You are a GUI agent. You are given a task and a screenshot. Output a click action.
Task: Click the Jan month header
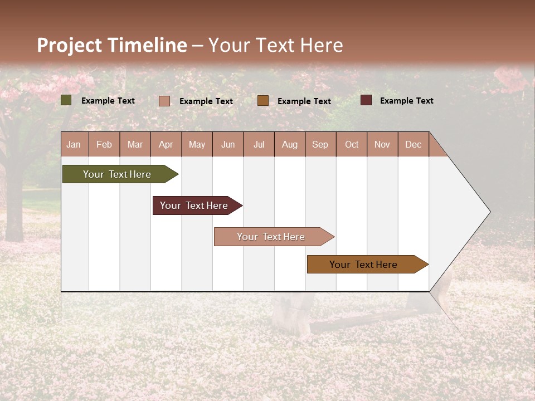coord(74,144)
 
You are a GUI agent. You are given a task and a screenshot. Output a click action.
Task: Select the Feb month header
coord(104,144)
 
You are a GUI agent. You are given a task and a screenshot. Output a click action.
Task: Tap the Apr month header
coord(166,144)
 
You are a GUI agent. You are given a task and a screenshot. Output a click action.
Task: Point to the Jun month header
coord(228,144)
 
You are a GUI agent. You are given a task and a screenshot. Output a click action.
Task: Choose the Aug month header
coord(289,144)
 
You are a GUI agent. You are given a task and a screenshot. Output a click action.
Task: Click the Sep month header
coord(320,144)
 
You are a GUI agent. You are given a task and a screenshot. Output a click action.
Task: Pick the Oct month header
coord(352,144)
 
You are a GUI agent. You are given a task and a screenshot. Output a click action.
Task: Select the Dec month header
coord(413,144)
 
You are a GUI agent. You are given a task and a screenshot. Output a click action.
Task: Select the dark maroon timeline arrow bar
coord(196,206)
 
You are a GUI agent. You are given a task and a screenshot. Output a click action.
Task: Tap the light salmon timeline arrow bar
coord(273,237)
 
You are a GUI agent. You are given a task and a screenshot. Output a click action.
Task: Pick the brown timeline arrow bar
coord(366,265)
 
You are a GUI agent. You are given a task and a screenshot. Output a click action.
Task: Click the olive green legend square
coord(66,100)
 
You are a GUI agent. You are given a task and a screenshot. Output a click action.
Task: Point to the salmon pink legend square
coord(164,101)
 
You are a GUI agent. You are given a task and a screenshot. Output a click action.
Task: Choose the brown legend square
coord(263,101)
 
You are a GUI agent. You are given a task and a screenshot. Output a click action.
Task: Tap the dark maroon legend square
coord(366,100)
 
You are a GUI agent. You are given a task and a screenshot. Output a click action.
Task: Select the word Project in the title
coord(70,45)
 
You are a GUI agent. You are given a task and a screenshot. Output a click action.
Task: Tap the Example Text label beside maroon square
coord(406,101)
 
